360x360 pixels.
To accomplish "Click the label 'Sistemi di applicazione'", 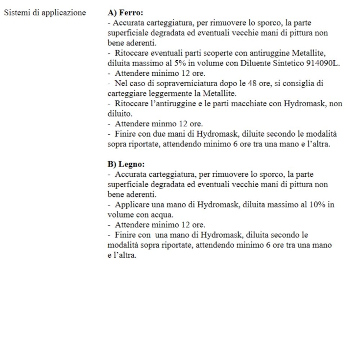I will click(45, 12).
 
